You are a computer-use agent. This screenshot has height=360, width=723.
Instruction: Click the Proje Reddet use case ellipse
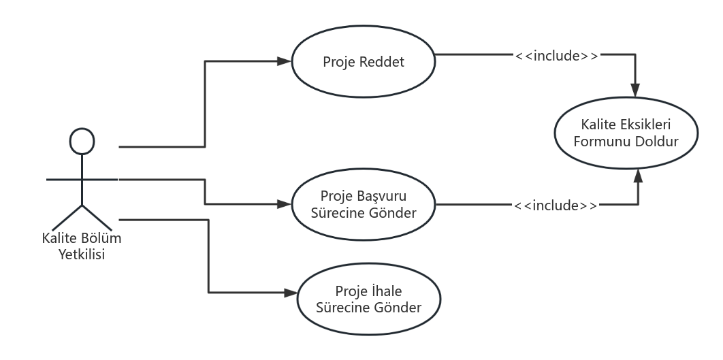[364, 62]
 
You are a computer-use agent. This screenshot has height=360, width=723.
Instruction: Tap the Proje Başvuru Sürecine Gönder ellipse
[364, 203]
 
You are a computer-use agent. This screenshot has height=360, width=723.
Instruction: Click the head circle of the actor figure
[82, 140]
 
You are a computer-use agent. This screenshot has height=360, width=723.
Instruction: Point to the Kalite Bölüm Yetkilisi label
[82, 248]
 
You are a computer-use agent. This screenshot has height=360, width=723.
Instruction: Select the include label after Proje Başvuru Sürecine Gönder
[556, 205]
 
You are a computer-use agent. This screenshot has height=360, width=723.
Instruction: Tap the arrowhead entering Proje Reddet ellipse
[285, 61]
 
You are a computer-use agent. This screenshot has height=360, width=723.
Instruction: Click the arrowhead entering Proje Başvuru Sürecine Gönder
[285, 203]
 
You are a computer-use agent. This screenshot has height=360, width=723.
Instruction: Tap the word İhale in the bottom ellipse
[387, 291]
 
